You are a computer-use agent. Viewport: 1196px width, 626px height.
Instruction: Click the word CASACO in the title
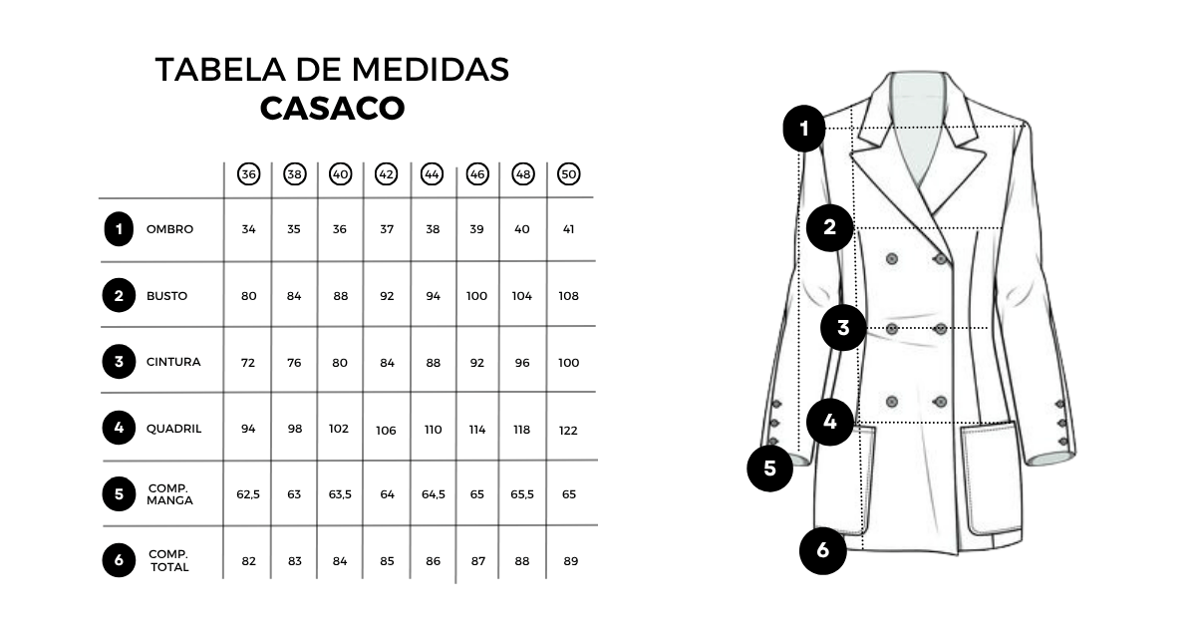332,109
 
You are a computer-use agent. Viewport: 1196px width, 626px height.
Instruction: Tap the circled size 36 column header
249,174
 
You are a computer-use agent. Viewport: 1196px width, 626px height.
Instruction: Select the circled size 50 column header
569,174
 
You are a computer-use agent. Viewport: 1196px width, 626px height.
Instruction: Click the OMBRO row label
169,229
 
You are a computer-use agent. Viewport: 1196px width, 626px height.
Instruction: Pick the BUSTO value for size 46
476,296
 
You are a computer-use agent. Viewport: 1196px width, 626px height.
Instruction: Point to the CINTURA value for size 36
248,363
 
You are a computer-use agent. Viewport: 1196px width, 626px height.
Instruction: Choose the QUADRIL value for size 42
386,431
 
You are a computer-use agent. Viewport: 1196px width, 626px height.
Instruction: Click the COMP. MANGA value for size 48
522,494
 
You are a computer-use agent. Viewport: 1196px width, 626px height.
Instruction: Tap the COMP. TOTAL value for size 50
571,561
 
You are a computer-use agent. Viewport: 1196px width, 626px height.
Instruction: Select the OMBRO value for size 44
433,229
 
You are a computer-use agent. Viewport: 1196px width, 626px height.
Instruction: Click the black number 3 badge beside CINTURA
119,362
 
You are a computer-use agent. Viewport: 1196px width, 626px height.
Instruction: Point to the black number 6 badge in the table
119,560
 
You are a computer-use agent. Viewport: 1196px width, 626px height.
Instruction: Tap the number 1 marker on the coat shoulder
804,129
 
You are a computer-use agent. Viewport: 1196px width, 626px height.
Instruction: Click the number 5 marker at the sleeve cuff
769,469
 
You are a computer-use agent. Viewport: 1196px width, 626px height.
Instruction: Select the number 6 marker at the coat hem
823,550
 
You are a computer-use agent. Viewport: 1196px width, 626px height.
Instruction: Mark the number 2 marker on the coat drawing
829,228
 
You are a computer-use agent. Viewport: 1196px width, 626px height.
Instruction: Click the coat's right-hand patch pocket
993,478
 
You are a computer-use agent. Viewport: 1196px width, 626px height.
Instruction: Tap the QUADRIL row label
174,429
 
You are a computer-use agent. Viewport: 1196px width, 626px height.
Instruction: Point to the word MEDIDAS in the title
431,70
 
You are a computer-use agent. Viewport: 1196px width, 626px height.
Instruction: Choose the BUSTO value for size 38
294,296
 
